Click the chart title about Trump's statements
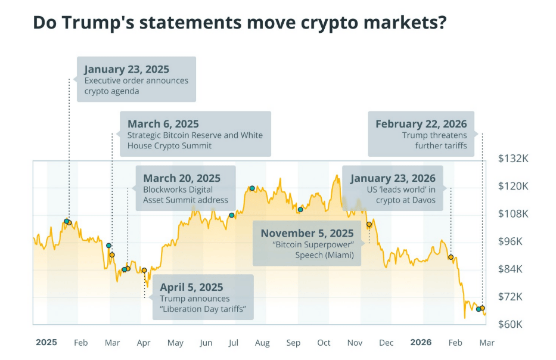tap(240, 23)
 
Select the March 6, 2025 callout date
tap(163, 124)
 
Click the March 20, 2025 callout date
tap(182, 178)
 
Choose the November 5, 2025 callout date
tap(307, 233)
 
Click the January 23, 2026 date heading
tap(393, 178)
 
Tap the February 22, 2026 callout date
tap(421, 124)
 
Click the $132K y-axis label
tap(513, 159)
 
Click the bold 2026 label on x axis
tap(421, 343)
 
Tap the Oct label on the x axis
tap(324, 343)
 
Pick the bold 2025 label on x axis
tap(46, 343)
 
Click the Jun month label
tap(206, 343)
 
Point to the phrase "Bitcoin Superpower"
tap(313, 245)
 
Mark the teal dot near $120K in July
tap(252, 188)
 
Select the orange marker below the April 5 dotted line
tap(144, 270)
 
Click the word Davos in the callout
tap(422, 201)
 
